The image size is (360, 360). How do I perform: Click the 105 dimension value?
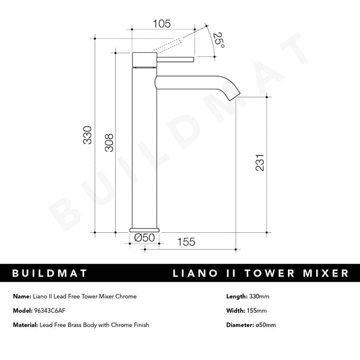click(x=162, y=24)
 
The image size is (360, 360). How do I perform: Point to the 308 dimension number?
click(x=109, y=142)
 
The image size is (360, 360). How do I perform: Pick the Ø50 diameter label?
click(x=145, y=238)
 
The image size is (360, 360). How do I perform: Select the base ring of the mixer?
click(x=145, y=230)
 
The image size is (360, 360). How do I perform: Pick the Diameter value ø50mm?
click(x=265, y=325)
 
